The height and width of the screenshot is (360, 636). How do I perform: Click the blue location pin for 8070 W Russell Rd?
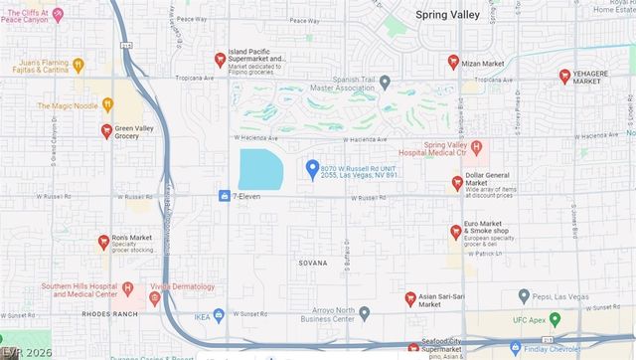312,168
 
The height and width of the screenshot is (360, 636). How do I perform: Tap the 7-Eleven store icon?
225,196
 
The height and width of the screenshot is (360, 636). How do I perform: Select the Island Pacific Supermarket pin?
220,60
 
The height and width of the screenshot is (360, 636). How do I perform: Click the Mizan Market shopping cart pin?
453,62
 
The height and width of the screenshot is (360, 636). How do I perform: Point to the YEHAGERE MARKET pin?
564,76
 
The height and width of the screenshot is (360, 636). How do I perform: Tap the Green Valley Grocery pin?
106,130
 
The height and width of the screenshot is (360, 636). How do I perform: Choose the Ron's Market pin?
103,241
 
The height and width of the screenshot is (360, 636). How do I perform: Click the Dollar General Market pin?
457,183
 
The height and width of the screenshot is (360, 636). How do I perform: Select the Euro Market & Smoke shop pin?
455,231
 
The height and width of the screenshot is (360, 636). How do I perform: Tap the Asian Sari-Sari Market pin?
409,298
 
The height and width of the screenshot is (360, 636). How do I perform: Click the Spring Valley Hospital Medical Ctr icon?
476,148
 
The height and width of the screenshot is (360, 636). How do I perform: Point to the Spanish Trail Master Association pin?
385,83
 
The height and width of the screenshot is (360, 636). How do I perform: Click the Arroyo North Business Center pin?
365,313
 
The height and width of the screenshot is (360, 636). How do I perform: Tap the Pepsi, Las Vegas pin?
524,296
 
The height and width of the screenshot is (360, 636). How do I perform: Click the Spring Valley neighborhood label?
446,14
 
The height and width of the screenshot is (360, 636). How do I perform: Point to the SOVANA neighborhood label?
312,264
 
